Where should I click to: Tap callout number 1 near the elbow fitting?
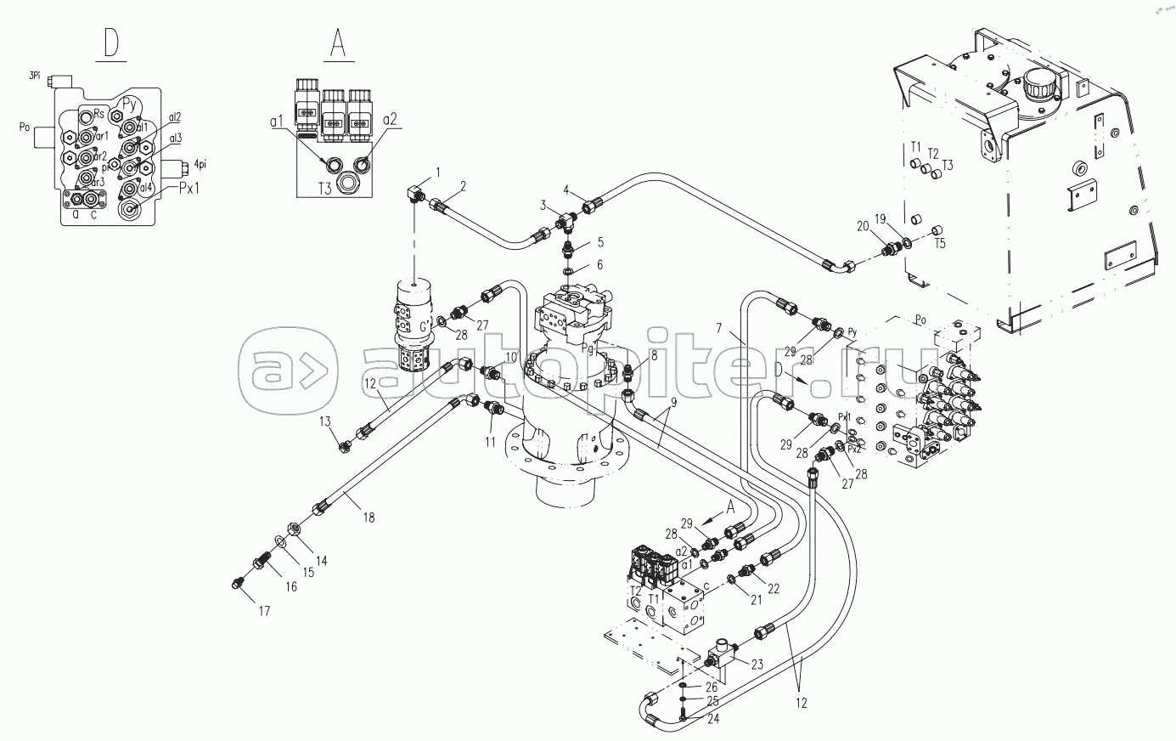(x=438, y=173)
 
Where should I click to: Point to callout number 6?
(x=599, y=265)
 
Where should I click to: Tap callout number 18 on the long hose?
(x=368, y=517)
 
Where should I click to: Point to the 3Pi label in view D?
(x=35, y=76)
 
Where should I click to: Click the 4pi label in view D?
(x=204, y=164)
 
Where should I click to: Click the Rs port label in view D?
(x=98, y=113)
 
